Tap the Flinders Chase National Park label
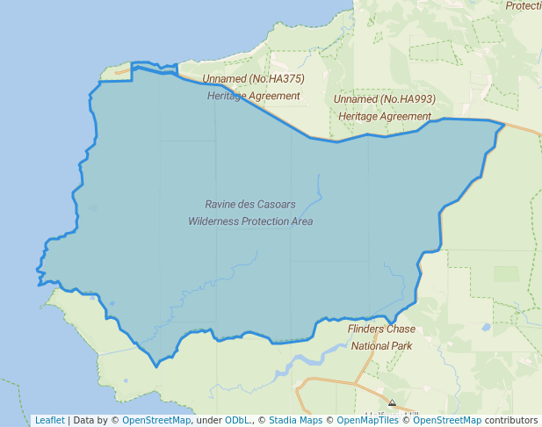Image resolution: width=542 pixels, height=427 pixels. coord(382,337)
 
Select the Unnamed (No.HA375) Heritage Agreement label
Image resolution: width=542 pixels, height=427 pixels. coord(254,87)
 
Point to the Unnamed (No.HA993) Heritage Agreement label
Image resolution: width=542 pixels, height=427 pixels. coord(385,107)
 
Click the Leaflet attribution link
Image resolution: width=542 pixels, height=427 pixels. coord(49,420)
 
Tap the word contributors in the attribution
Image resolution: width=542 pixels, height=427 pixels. coord(511,420)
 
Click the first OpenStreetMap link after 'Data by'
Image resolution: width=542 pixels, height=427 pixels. coord(155,420)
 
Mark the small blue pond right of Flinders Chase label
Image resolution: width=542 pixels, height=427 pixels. coord(486,328)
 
